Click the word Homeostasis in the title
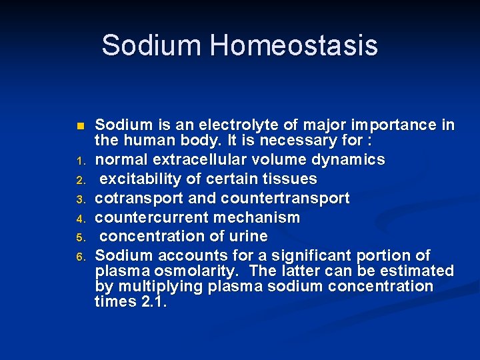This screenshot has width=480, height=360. (294, 46)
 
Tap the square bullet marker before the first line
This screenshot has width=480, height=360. (81, 126)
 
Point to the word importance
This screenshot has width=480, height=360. (382, 125)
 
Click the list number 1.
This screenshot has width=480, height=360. (80, 161)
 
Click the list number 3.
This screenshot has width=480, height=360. (80, 199)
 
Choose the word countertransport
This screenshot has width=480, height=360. (294, 199)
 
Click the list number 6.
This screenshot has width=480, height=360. (80, 257)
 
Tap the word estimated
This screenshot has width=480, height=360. (416, 271)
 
